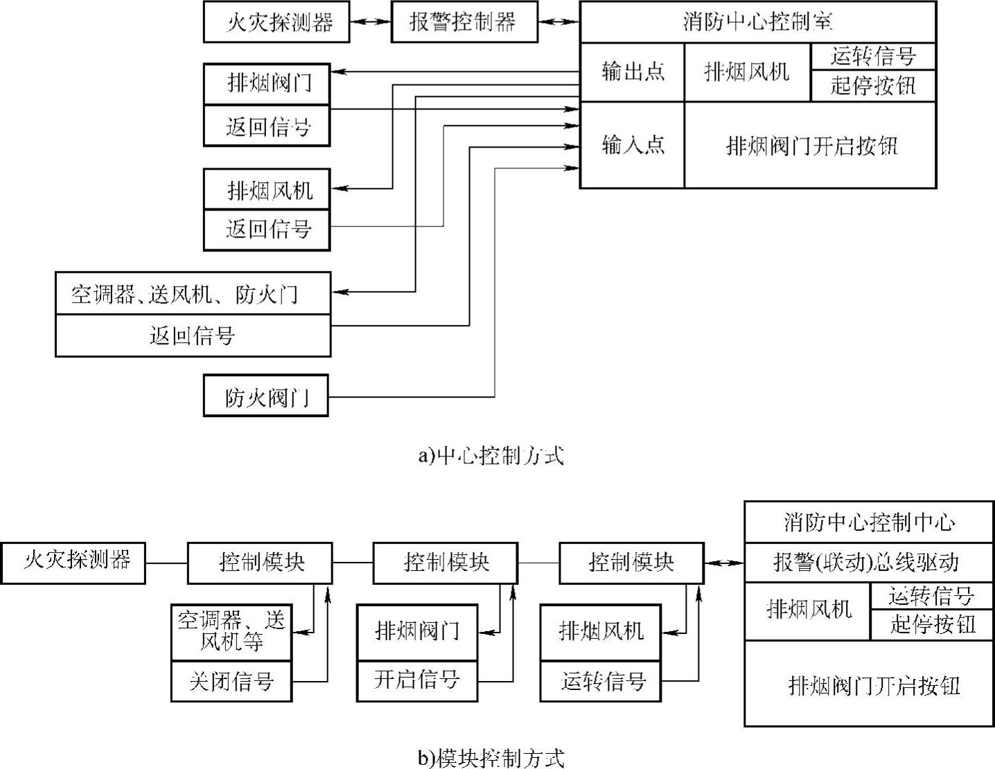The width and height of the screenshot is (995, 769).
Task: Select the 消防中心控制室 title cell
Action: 757,21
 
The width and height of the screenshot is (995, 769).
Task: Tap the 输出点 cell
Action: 632,72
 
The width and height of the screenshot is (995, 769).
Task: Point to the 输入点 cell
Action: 632,145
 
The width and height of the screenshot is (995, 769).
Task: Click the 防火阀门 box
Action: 266,396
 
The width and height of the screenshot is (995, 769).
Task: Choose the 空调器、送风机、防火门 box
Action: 193,294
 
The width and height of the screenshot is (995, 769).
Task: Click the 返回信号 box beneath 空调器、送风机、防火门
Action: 193,336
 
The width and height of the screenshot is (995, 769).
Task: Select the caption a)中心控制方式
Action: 491,455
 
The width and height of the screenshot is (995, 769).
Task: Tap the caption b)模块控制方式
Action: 491,757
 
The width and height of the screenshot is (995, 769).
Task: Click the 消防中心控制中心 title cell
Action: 869,522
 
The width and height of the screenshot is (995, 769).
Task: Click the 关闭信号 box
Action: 231,682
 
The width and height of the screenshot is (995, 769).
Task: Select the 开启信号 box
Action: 417,680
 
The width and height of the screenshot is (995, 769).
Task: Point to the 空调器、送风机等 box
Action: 231,631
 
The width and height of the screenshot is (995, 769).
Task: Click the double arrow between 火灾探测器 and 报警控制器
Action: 371,21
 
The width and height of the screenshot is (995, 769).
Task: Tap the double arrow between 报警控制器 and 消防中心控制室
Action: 559,21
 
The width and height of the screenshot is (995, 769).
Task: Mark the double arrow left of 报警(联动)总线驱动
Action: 724,562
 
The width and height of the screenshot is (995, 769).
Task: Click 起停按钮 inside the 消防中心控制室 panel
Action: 873,86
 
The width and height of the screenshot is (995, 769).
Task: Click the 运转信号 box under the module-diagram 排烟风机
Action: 601,682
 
